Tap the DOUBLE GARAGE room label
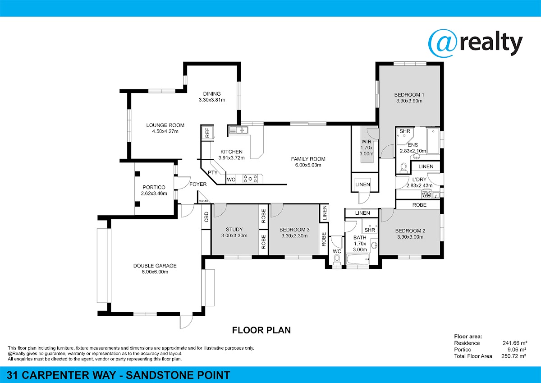pos(155,266)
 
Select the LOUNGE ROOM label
pos(165,125)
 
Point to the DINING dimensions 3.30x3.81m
pos(212,100)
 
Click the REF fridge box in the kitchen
pos(207,133)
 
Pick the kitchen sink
pos(238,130)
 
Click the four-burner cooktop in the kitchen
pos(250,179)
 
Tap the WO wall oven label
pos(231,180)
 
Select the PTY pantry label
pos(212,172)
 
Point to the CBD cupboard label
pos(206,217)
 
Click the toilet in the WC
pos(337,260)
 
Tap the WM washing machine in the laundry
pos(426,195)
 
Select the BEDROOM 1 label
pos(409,95)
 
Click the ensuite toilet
pos(403,168)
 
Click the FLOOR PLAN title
pos(261,330)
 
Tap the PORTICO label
pos(154,187)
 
